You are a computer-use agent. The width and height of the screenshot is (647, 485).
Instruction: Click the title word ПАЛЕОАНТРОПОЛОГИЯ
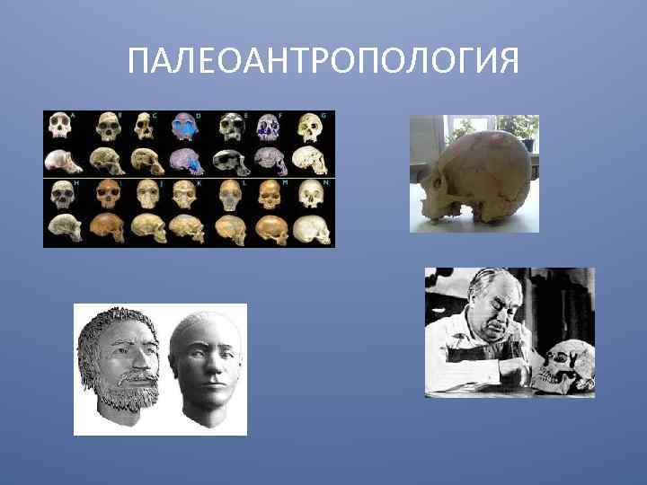[x=323, y=61]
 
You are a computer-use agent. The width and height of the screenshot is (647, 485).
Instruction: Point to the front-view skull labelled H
[x=62, y=194]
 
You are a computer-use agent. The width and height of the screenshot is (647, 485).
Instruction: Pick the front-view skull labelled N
[x=313, y=194]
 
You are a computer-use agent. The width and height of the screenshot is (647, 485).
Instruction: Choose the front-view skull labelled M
[x=270, y=194]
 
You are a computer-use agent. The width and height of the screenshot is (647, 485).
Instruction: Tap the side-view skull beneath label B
[x=104, y=162]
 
